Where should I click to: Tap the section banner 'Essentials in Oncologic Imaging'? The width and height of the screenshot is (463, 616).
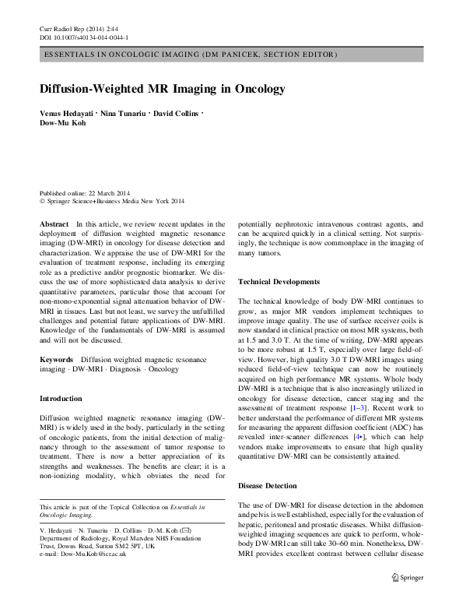(x=191, y=55)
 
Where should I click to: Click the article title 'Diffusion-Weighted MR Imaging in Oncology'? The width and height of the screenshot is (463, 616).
(x=163, y=89)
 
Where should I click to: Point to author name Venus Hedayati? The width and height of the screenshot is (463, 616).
(x=68, y=114)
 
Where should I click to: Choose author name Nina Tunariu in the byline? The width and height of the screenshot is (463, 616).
(x=125, y=114)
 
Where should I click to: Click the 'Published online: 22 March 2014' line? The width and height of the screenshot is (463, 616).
(x=86, y=192)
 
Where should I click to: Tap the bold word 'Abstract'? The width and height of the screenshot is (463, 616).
(x=53, y=223)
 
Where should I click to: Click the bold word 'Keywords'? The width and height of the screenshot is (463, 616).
(x=55, y=359)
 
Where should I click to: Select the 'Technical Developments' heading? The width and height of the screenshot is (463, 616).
(x=279, y=281)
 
